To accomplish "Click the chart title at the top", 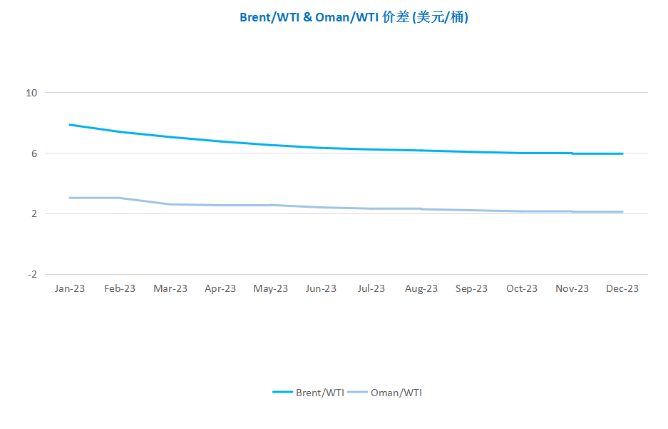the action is click(354, 17).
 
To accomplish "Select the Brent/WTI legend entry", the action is click(309, 393).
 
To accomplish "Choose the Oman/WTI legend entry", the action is click(385, 393).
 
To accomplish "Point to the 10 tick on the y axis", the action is click(31, 93).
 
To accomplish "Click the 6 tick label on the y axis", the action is click(34, 153).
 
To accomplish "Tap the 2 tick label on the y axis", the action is click(34, 213).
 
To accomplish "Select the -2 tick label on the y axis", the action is click(32, 274).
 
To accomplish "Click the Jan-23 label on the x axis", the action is click(69, 288).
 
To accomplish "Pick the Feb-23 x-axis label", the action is click(120, 288).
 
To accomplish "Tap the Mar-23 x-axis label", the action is click(170, 288).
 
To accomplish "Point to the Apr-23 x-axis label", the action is click(220, 288).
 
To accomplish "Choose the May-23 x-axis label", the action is click(270, 288).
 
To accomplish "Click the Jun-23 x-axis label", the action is click(321, 288).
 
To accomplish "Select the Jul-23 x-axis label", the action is click(371, 288).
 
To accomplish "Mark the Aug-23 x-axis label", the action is click(421, 288).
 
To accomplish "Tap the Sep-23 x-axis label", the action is click(472, 288).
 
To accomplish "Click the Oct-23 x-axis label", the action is click(522, 288).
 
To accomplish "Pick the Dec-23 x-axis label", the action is click(622, 288).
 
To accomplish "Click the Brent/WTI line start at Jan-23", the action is click(69, 124).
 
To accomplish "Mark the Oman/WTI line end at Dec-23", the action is click(622, 211).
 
